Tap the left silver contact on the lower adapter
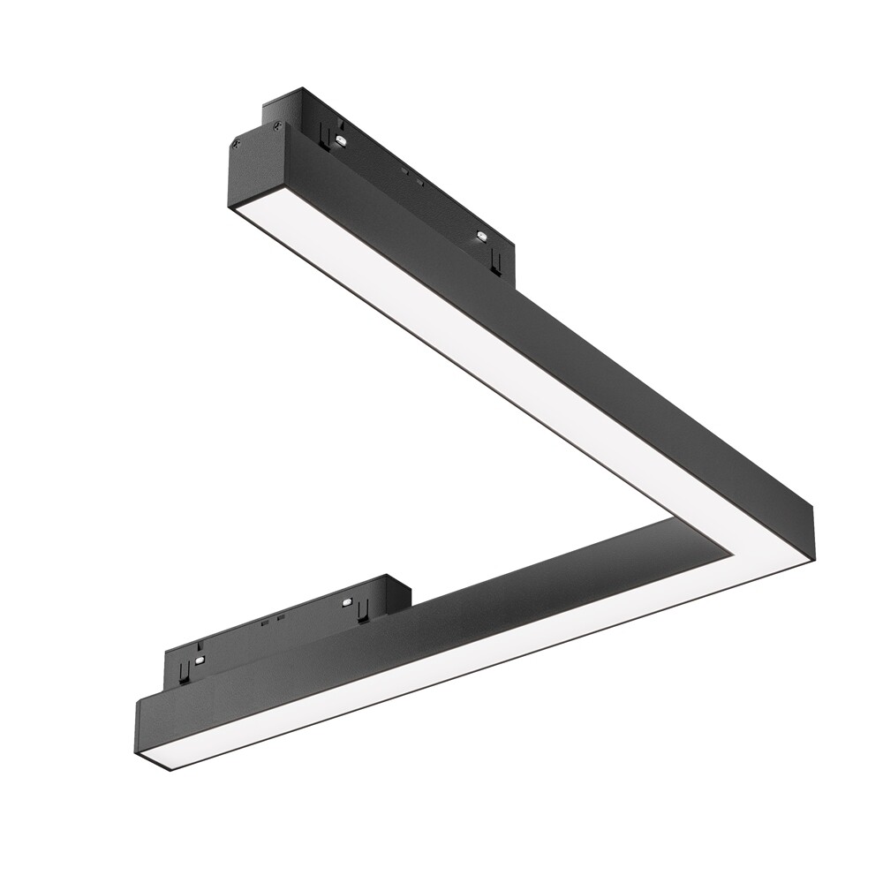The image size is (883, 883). click(x=202, y=659)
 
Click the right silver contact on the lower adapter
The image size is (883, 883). click(x=350, y=603)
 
